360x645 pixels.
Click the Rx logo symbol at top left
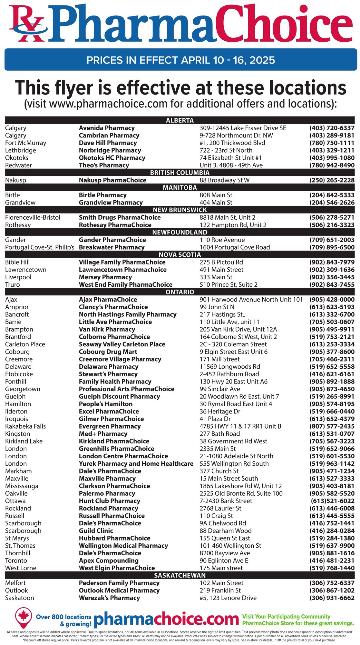27,24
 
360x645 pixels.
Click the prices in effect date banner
180,60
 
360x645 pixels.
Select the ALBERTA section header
180,121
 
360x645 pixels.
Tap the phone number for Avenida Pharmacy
332,128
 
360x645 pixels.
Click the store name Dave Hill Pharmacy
108,143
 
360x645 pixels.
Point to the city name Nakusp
15,180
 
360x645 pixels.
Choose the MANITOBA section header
180,188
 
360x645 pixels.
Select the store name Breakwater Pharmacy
112,247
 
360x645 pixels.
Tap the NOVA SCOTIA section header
180,255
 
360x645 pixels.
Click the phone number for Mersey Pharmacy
332,277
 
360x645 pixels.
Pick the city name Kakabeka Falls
25,426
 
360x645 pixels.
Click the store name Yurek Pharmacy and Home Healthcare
136,464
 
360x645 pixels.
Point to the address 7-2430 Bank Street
226,501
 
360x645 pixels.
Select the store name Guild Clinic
96,531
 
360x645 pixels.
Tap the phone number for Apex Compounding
332,561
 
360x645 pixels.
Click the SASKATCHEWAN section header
180,576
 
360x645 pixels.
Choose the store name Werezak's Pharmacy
109,598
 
